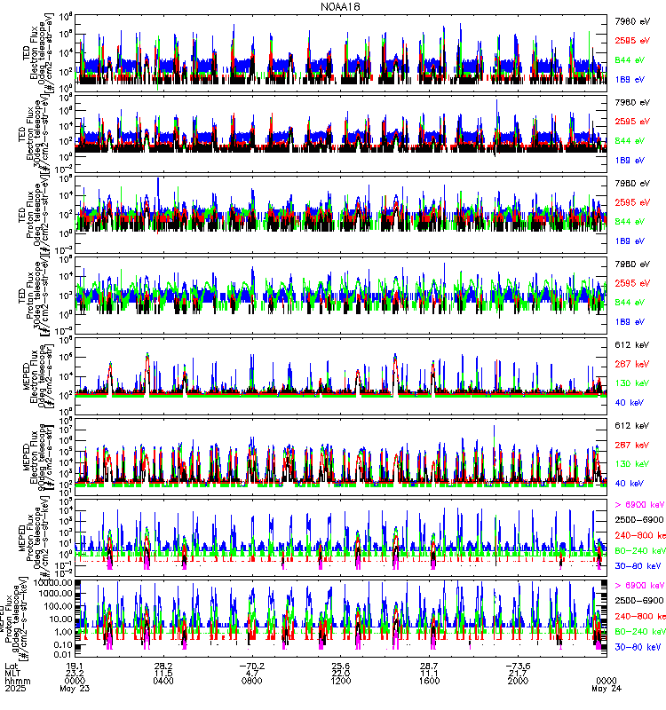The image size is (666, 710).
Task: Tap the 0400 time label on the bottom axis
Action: pos(163,682)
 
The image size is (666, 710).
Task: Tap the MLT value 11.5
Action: pos(163,674)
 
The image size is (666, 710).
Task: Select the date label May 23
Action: pos(75,690)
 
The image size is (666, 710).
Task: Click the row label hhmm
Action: pos(15,682)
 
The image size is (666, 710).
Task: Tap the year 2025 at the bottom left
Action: pos(15,690)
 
